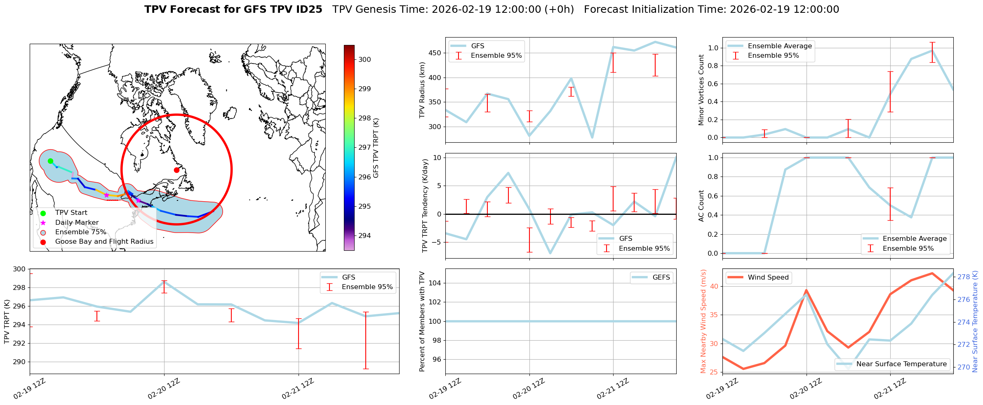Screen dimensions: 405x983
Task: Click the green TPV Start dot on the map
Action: (x=50, y=161)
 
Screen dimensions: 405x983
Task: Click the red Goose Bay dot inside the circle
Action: (x=176, y=170)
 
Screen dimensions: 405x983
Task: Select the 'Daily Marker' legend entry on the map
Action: (x=77, y=223)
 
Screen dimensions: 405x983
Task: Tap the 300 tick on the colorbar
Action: (x=365, y=59)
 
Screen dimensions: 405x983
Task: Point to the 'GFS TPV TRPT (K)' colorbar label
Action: (x=376, y=148)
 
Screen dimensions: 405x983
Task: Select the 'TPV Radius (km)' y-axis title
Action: (x=422, y=90)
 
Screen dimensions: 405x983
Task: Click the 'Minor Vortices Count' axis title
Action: (x=701, y=90)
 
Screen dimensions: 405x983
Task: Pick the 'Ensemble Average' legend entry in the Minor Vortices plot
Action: (x=779, y=46)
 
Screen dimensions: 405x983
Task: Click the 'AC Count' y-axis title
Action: (x=701, y=206)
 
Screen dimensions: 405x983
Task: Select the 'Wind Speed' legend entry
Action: (x=768, y=278)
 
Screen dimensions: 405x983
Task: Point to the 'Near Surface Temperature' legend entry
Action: (x=901, y=364)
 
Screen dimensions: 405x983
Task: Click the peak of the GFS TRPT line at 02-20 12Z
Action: (x=164, y=282)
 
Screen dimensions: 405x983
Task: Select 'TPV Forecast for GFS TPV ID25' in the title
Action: (x=233, y=9)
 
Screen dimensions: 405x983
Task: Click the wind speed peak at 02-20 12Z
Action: (x=806, y=290)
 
